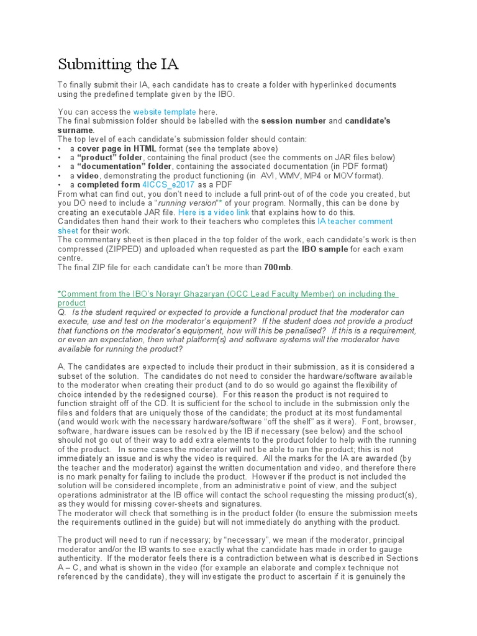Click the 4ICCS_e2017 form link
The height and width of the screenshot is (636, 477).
tap(168, 184)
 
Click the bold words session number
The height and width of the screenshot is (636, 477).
tap(293, 120)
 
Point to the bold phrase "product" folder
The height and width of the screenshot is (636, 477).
tap(109, 158)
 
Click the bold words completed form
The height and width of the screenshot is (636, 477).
tap(108, 184)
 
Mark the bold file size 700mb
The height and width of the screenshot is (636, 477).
tap(278, 267)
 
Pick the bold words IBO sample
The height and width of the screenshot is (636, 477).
tap(322, 249)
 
